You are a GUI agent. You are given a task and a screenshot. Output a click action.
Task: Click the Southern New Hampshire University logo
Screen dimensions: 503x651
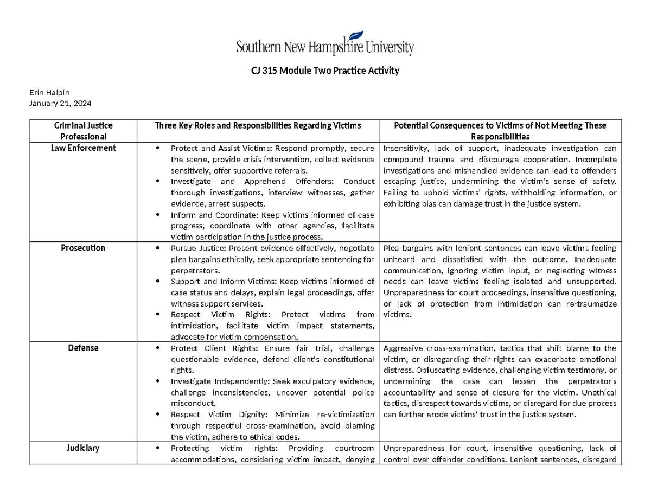tap(325, 43)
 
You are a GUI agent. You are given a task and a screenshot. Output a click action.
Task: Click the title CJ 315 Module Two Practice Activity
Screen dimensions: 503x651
tap(325, 71)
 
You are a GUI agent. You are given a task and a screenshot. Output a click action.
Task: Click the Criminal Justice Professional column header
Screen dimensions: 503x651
tap(84, 131)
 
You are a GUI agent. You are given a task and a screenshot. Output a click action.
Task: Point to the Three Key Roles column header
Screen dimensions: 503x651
tap(258, 126)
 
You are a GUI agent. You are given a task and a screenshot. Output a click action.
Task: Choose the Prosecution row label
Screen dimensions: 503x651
tap(84, 248)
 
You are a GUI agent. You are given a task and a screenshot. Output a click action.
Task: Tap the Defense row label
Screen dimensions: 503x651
tap(84, 348)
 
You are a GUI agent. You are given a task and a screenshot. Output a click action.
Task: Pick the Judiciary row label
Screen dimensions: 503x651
tap(84, 448)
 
